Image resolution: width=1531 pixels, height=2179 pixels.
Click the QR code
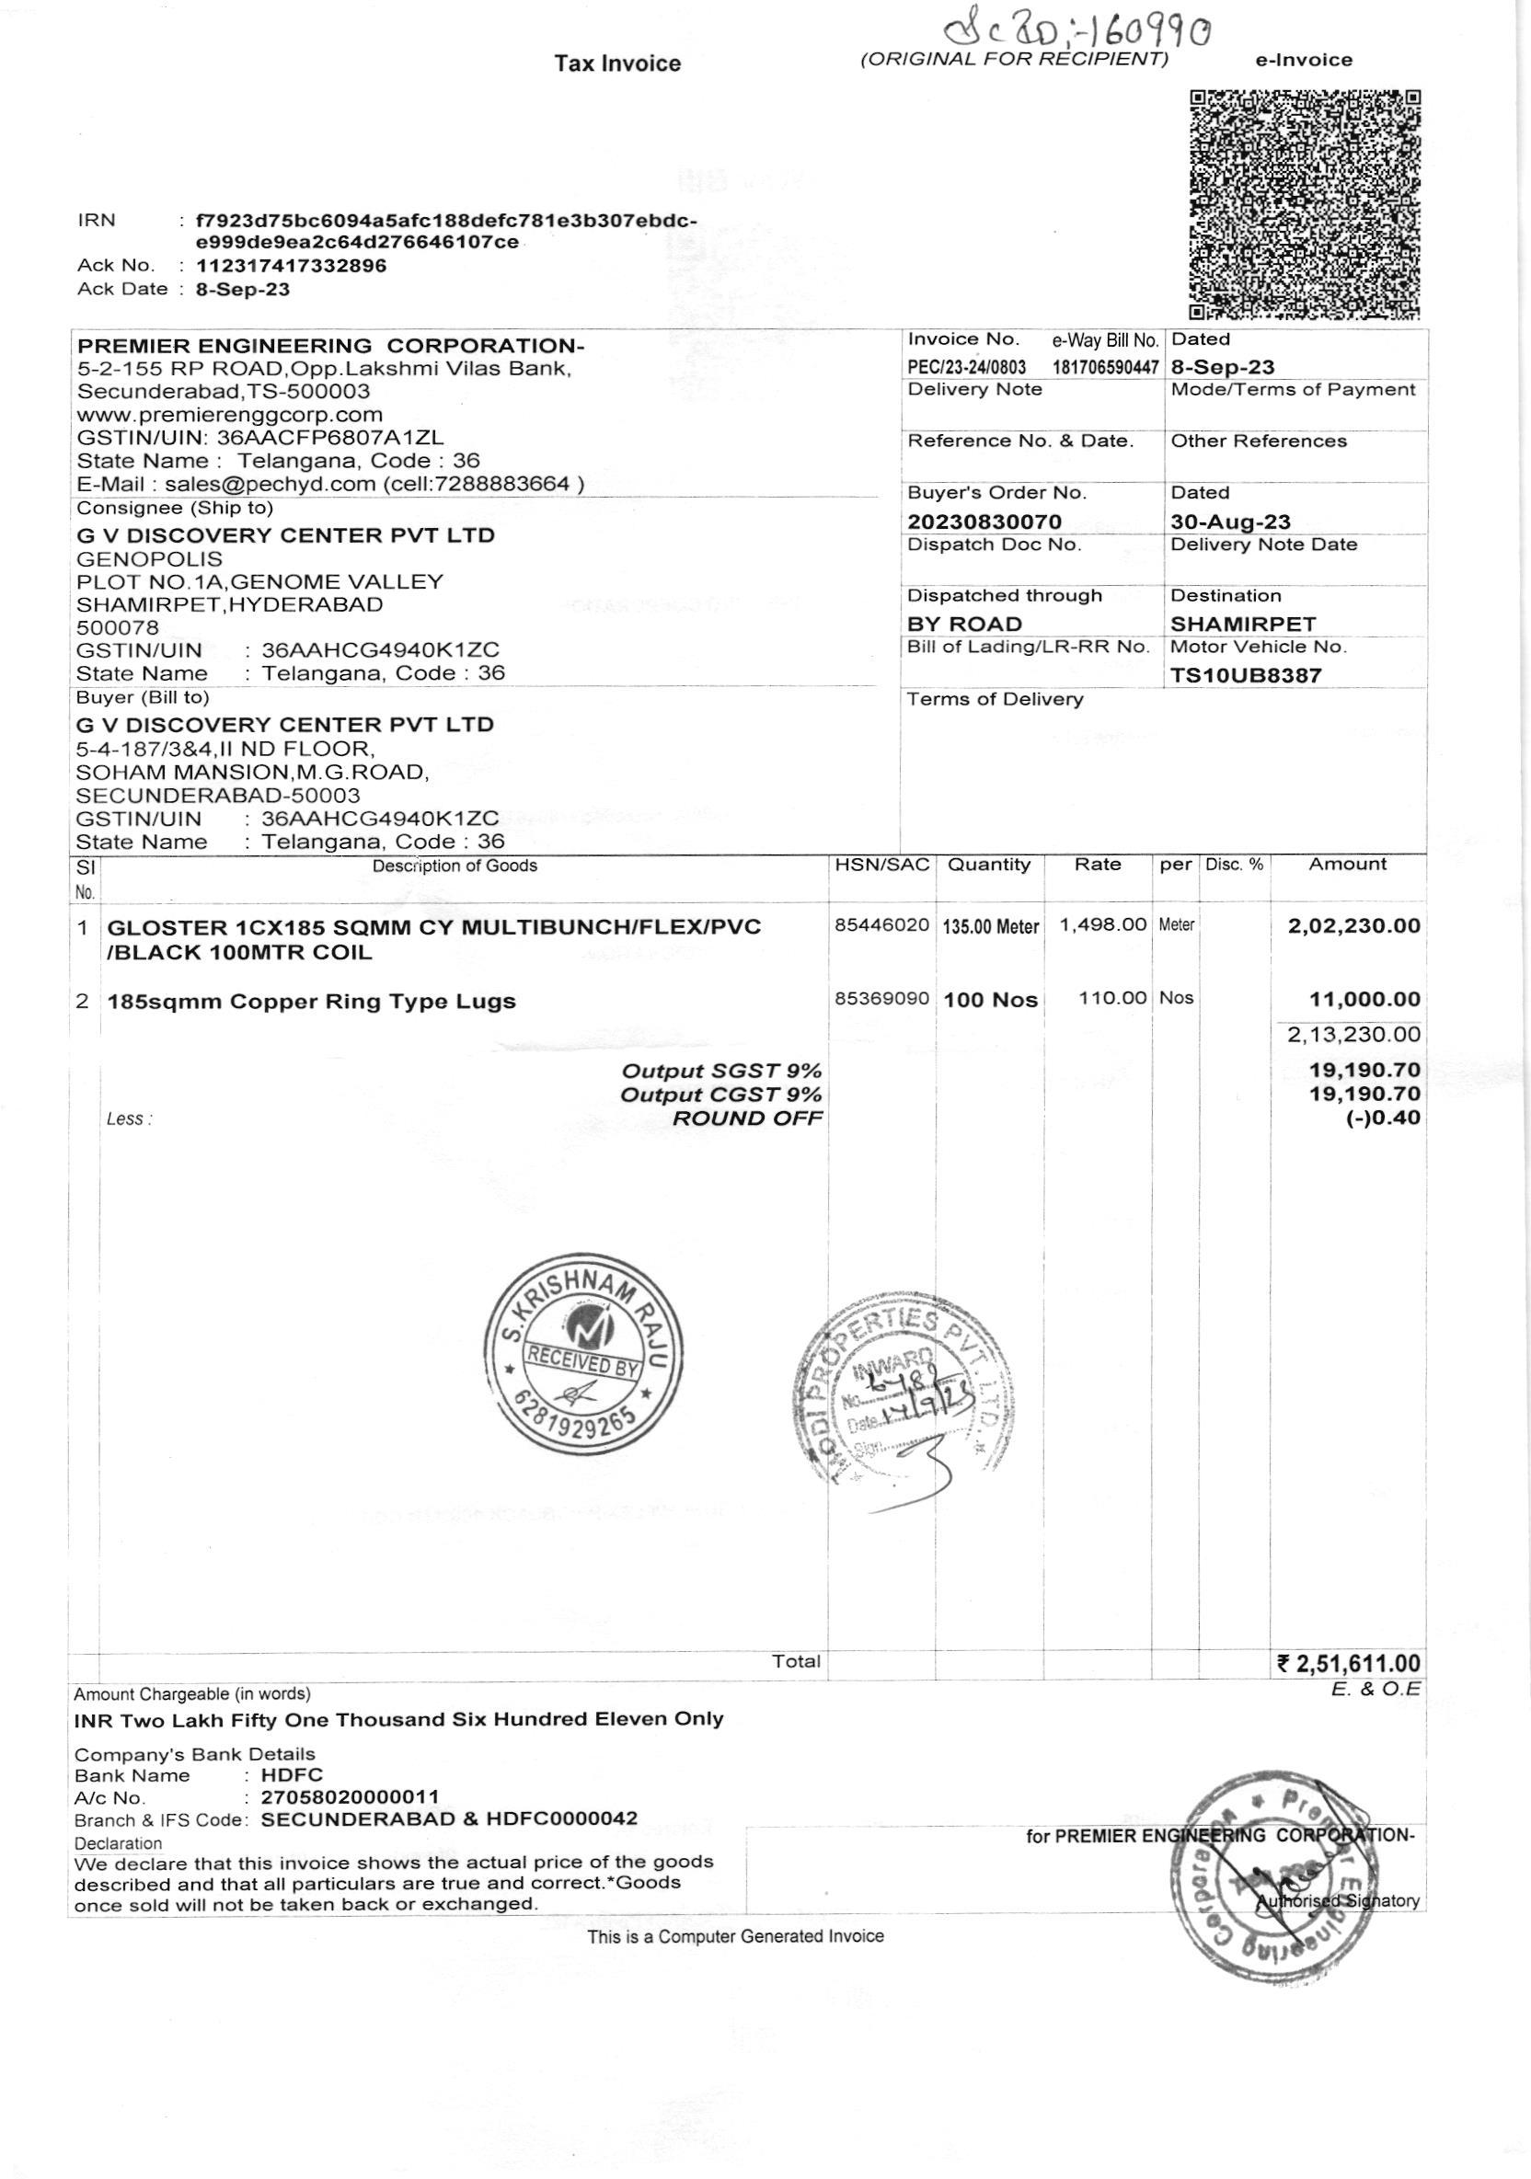[x=1305, y=205]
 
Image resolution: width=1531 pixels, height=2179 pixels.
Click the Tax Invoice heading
[x=618, y=63]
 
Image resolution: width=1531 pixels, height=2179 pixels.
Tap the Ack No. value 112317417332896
[x=292, y=266]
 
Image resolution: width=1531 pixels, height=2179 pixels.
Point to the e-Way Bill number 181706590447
[x=1105, y=367]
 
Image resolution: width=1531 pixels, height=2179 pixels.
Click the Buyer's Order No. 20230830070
[x=984, y=521]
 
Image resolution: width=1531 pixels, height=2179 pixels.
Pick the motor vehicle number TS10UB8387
[x=1245, y=676]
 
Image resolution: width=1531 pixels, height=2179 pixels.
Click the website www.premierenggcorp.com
[x=230, y=415]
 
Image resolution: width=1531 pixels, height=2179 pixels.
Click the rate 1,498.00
[x=1103, y=924]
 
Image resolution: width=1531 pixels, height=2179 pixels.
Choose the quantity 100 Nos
[x=990, y=1001]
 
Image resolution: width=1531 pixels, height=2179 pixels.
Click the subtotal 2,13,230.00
[x=1353, y=1035]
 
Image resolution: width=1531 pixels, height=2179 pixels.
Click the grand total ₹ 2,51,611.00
[x=1349, y=1664]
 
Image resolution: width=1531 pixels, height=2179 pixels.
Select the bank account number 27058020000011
[x=350, y=1797]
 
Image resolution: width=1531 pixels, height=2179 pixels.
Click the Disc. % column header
[x=1234, y=865]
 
